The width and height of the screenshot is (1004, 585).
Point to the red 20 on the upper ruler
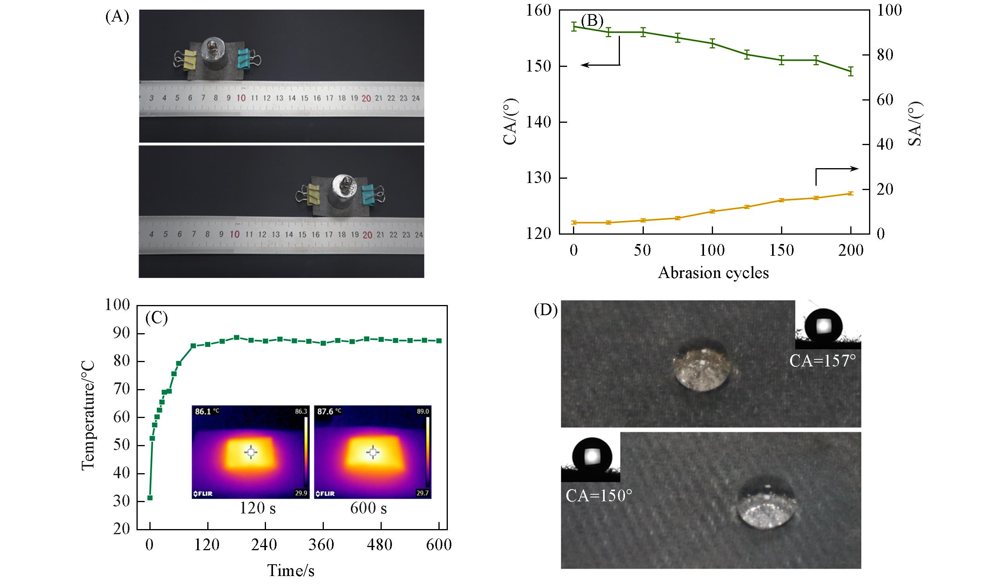pyautogui.click(x=366, y=99)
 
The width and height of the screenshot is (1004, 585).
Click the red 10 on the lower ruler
pyautogui.click(x=235, y=234)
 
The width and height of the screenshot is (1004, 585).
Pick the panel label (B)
pyautogui.click(x=592, y=21)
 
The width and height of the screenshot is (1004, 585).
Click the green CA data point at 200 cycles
pyautogui.click(x=851, y=71)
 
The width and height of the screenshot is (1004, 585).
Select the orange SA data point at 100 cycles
pyautogui.click(x=712, y=211)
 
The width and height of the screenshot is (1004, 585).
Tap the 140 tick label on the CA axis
pyautogui.click(x=539, y=122)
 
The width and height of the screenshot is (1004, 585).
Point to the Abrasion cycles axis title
pyautogui.click(x=713, y=273)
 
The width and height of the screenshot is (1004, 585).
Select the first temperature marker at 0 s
pyautogui.click(x=150, y=498)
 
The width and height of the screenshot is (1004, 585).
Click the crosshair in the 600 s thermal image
pyautogui.click(x=372, y=452)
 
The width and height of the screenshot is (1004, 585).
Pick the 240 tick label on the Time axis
pyautogui.click(x=264, y=544)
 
